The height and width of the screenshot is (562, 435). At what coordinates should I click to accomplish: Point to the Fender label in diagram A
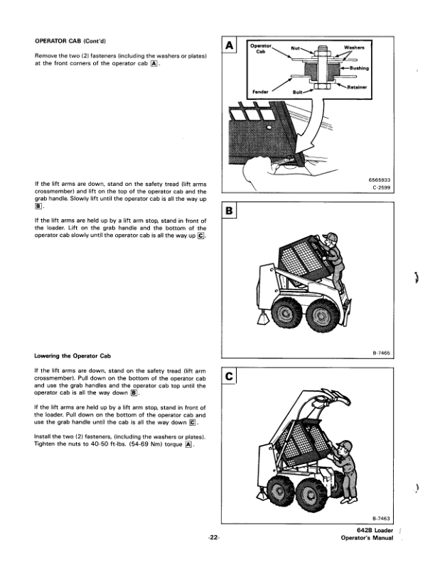(x=261, y=91)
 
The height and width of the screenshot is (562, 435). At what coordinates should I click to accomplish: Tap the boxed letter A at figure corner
(x=230, y=46)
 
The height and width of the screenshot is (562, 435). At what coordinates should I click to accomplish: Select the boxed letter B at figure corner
(x=230, y=211)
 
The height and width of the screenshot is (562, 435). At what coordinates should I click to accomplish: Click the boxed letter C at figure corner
(x=230, y=376)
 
